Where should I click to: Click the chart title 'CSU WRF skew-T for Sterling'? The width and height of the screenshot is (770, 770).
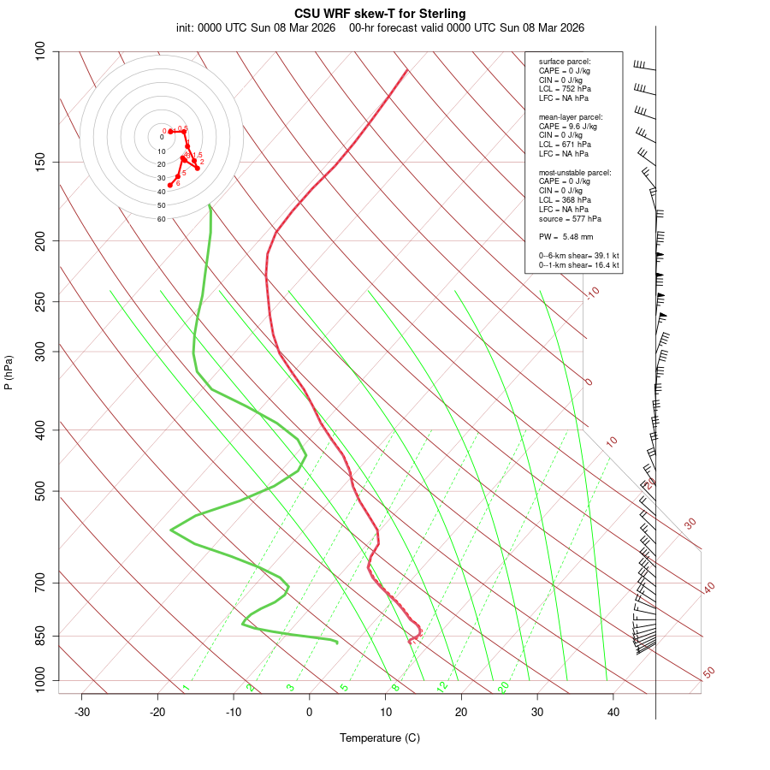coord(380,14)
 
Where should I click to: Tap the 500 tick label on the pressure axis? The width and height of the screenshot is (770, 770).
coord(41,491)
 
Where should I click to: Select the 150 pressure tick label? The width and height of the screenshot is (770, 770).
coord(41,162)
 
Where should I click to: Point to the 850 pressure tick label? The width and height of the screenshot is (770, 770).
coord(41,636)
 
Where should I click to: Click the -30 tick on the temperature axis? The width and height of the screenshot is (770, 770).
coord(82,713)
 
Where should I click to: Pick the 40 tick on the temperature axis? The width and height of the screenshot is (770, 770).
coord(613,713)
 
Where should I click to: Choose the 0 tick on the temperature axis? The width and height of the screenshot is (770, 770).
coord(310,713)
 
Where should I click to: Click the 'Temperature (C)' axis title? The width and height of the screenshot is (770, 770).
coord(380,737)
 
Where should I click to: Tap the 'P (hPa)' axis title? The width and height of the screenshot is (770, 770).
coord(9,372)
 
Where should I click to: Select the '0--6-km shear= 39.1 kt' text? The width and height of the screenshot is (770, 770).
coord(578,256)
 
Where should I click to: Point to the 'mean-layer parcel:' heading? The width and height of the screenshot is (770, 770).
coord(570,117)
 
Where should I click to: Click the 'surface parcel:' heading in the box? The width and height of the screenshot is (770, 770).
coord(565,62)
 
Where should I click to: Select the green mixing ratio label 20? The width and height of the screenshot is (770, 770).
coord(504,687)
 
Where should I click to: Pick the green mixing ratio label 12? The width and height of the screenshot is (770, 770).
coord(442,687)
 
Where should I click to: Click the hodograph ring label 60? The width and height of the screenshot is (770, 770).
coord(161,219)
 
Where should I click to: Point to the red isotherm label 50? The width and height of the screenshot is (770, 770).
coord(708,673)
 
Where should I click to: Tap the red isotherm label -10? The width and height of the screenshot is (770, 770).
coord(593,293)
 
